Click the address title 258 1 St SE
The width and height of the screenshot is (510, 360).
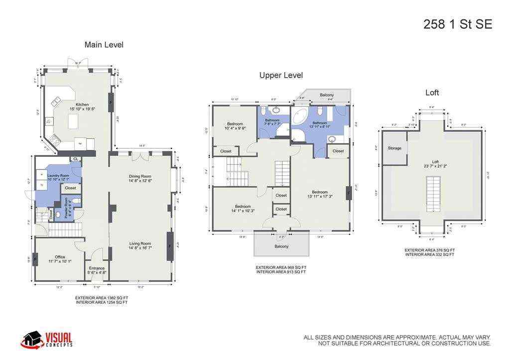pos(457,24)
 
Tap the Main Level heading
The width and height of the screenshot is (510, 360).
pos(104,45)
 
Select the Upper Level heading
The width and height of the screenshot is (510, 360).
pos(281,76)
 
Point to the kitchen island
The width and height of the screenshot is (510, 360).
pos(74,121)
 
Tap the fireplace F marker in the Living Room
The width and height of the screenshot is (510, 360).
pos(170,245)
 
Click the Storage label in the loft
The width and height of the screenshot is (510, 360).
pos(394,148)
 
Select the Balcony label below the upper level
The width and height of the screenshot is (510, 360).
pos(281,246)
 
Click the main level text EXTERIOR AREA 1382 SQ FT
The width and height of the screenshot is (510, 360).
pos(102,298)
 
